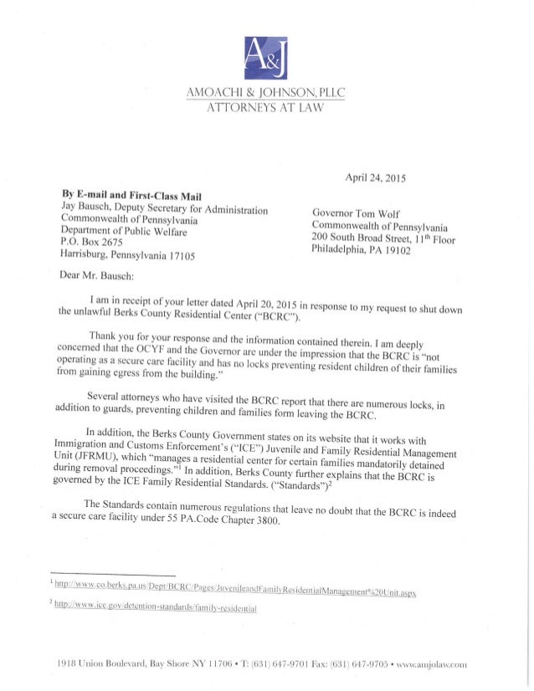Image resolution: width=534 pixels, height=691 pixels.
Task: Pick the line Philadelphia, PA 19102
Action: point(364,257)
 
